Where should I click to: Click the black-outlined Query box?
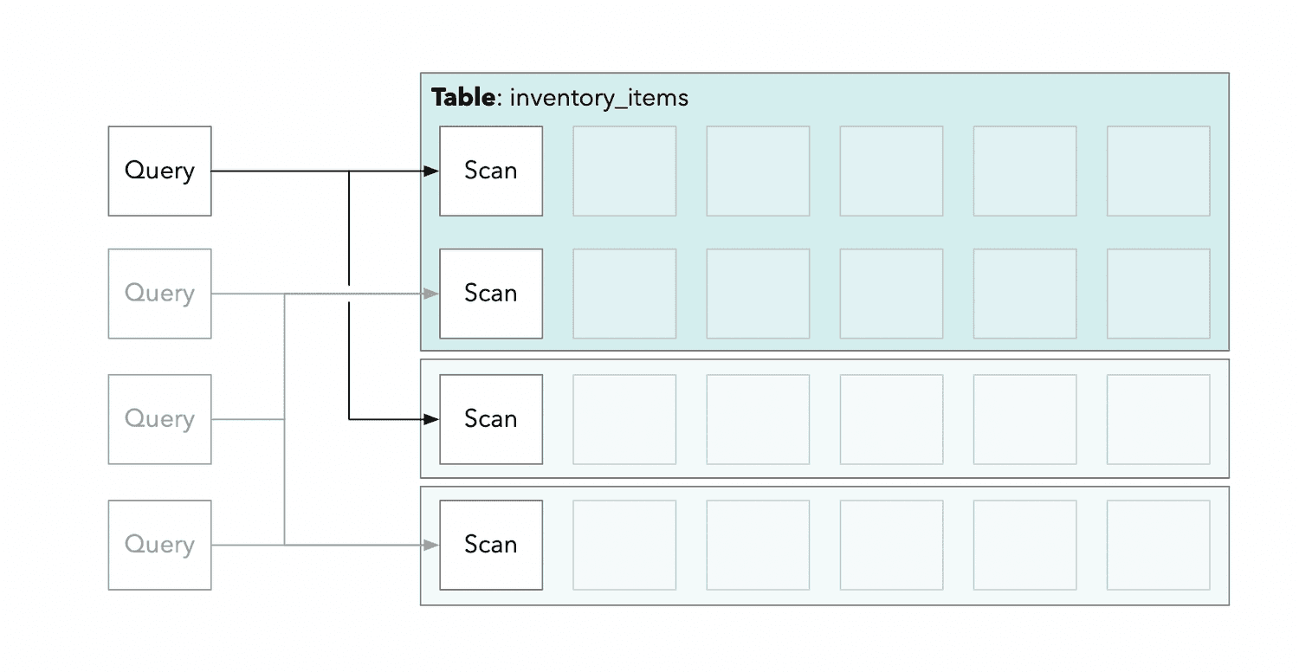159,171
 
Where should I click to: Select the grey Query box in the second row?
159,294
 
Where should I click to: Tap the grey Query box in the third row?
159,419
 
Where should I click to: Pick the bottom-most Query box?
159,545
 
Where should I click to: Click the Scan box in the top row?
491,171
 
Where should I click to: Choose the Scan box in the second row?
491,294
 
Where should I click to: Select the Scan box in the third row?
491,419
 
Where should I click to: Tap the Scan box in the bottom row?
491,545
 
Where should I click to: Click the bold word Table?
462,97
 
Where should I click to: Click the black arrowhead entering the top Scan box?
431,171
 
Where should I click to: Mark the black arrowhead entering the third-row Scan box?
431,419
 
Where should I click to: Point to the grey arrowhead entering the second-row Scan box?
431,294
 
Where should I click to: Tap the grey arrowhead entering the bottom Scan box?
431,545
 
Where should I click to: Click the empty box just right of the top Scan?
624,171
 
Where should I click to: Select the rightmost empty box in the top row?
1158,171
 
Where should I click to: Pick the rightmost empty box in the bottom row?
1158,545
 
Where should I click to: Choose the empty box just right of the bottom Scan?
624,545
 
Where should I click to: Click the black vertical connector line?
349,295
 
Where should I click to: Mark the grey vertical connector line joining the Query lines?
285,419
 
